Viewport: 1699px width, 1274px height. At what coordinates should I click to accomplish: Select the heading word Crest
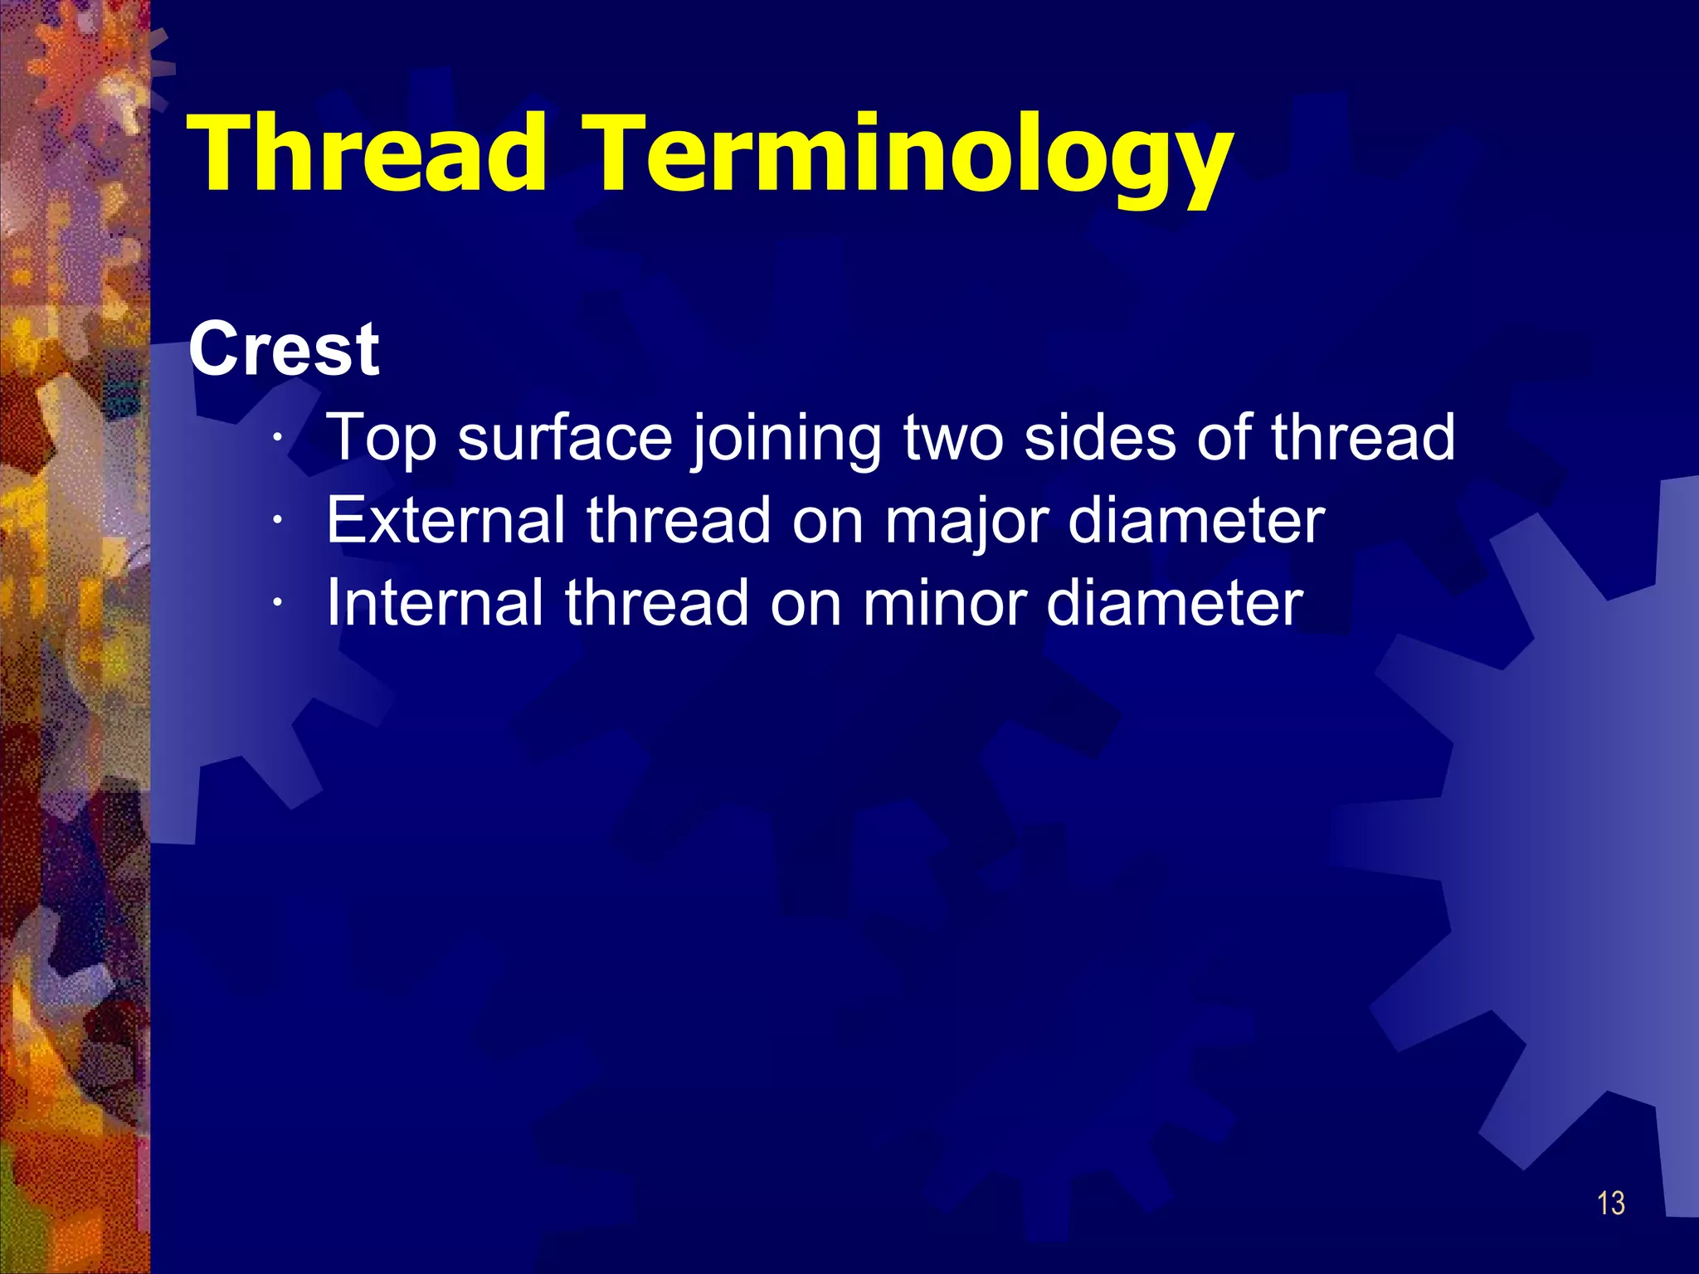coord(284,350)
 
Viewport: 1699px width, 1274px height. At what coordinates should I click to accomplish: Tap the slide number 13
coord(1611,1203)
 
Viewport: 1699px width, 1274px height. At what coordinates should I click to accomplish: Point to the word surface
coord(565,438)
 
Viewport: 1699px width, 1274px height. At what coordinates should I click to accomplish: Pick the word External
coord(445,520)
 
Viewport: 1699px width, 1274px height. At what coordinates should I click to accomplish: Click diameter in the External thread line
coord(1196,520)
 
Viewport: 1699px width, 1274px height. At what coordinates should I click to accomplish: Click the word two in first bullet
coord(952,438)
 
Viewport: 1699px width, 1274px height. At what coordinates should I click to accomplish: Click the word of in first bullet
coord(1223,437)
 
